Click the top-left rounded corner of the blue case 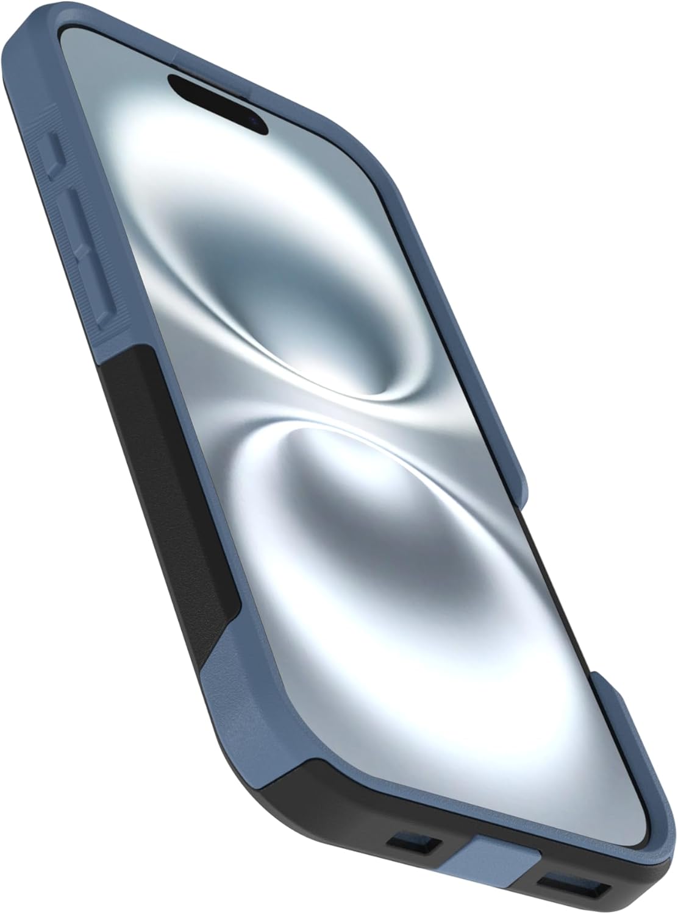pyautogui.click(x=67, y=37)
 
